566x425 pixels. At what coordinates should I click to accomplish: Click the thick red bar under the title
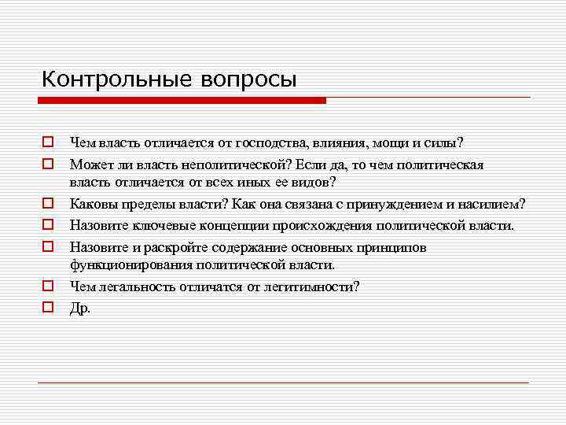tap(181, 100)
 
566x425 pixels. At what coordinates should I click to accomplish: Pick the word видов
tap(312, 183)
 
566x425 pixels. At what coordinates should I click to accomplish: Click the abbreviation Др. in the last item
tap(80, 308)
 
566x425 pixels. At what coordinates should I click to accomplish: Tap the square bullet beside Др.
tap(47, 307)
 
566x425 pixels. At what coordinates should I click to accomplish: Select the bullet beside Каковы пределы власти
tap(47, 204)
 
